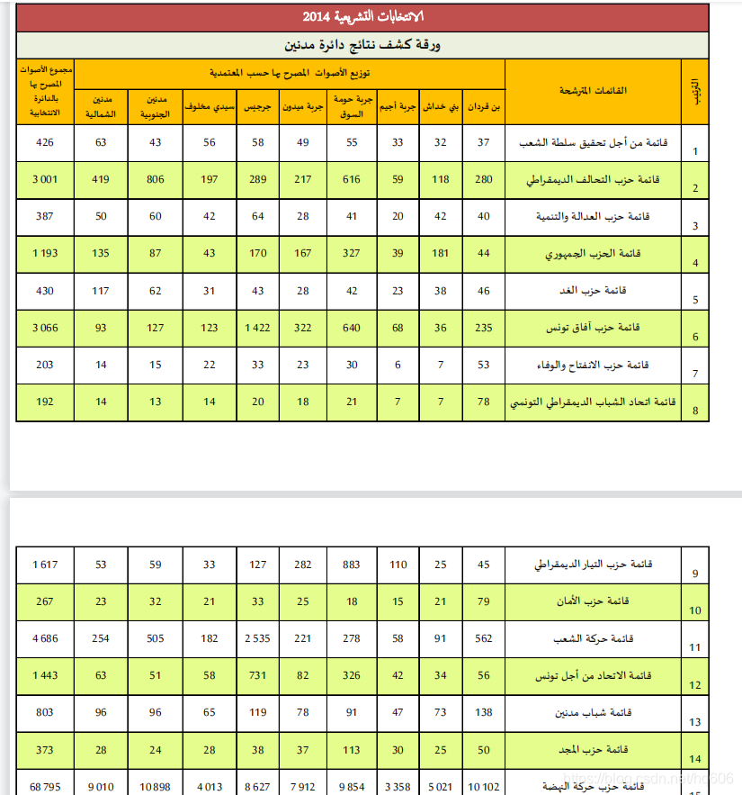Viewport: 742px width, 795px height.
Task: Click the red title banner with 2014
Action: tap(363, 17)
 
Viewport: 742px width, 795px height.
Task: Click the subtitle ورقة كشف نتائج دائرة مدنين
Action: tap(363, 45)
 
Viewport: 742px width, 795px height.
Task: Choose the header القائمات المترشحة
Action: tap(594, 91)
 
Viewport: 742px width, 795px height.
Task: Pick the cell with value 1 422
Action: tap(258, 328)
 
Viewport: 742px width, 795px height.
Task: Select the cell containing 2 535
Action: tap(258, 638)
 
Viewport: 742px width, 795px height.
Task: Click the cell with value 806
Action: tap(156, 179)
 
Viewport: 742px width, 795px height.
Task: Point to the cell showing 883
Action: tap(353, 565)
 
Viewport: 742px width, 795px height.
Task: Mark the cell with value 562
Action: tap(484, 638)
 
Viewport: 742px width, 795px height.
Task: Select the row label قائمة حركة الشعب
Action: tap(594, 638)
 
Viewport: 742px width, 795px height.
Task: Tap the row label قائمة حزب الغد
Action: tap(594, 291)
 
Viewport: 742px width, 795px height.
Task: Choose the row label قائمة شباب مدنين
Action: tap(594, 712)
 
